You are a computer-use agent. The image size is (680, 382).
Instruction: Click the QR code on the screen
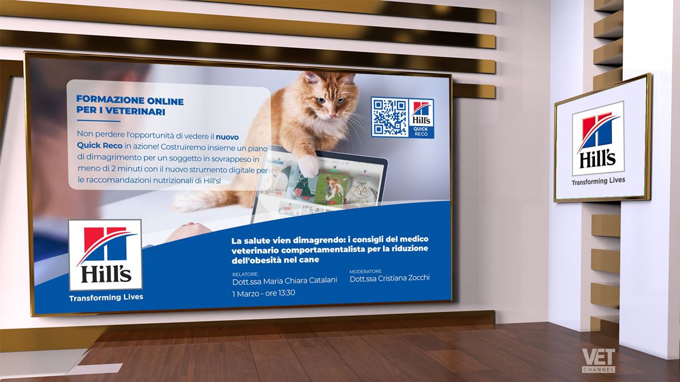pyautogui.click(x=390, y=117)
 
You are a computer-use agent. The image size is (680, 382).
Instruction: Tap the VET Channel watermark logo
pyautogui.click(x=598, y=360)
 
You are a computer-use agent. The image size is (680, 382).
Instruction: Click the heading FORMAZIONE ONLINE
pyautogui.click(x=130, y=100)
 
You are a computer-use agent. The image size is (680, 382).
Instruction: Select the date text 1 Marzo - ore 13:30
pyautogui.click(x=263, y=293)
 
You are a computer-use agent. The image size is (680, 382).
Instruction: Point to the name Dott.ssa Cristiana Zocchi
pyautogui.click(x=389, y=278)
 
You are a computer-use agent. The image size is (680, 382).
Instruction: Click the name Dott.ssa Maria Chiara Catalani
pyautogui.click(x=284, y=281)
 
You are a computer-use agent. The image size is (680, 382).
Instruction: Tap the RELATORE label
pyautogui.click(x=245, y=274)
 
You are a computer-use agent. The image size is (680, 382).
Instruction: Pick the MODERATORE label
pyautogui.click(x=366, y=271)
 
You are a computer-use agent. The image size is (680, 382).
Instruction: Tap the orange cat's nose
pyautogui.click(x=332, y=115)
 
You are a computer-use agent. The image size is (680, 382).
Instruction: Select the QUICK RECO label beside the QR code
pyautogui.click(x=420, y=131)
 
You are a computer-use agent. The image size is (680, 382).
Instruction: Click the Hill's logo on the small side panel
pyautogui.click(x=598, y=139)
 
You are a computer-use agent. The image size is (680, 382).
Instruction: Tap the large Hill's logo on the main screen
pyautogui.click(x=105, y=255)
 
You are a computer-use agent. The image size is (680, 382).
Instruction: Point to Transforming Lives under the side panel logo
pyautogui.click(x=598, y=181)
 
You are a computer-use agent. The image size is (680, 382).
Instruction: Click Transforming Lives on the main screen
pyautogui.click(x=107, y=298)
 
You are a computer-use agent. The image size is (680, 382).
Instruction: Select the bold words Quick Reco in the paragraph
pyautogui.click(x=100, y=145)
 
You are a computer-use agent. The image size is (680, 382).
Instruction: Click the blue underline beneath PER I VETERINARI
pyautogui.click(x=99, y=121)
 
